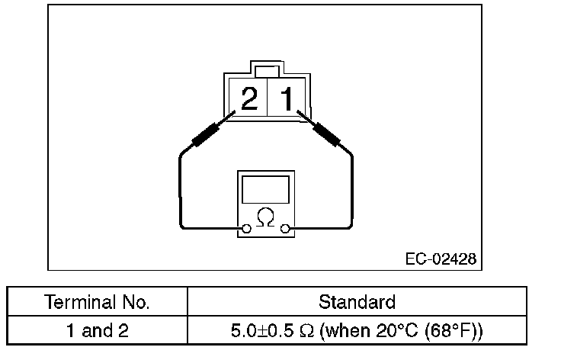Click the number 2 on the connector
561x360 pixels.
click(x=248, y=99)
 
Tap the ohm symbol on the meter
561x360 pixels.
click(x=265, y=218)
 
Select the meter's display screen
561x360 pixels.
click(x=265, y=189)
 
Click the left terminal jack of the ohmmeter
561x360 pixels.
click(x=246, y=228)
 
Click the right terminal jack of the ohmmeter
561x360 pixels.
click(x=285, y=228)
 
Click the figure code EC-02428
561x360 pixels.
click(x=441, y=259)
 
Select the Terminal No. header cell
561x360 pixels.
click(x=98, y=302)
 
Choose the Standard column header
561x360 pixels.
click(x=357, y=302)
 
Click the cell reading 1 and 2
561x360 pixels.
click(x=98, y=332)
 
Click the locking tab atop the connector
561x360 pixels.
click(x=266, y=72)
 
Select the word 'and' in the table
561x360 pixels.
click(x=98, y=332)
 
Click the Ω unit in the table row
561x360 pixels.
click(x=306, y=332)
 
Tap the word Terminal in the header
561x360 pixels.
click(x=79, y=302)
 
